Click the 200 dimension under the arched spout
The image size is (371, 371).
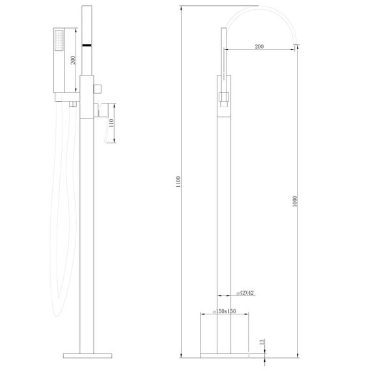coord(260,46)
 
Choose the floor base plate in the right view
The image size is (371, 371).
coord(225,355)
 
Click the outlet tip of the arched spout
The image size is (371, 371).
coord(296,45)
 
